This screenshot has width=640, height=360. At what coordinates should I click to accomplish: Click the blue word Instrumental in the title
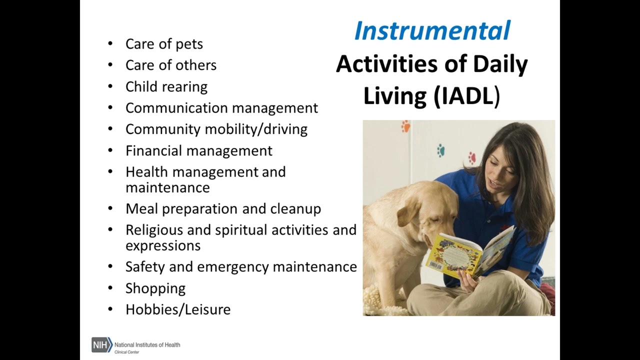[432, 31]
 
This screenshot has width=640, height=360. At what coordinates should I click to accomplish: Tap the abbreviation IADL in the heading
[465, 96]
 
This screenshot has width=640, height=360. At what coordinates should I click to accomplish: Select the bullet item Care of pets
[164, 44]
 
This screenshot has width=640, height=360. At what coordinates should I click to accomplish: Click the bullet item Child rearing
[166, 86]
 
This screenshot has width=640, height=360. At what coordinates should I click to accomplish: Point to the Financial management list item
[198, 150]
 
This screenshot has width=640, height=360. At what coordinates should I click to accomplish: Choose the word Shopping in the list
[155, 288]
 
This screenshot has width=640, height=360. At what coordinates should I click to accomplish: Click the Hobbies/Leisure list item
[177, 309]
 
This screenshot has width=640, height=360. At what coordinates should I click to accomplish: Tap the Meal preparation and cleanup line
[223, 208]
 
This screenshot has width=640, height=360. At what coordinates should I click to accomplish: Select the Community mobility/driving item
[216, 129]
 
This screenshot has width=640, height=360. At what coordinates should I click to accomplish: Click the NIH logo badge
[101, 344]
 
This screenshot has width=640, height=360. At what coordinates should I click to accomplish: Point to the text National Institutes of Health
[147, 344]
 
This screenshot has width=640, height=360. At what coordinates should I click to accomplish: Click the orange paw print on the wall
[405, 126]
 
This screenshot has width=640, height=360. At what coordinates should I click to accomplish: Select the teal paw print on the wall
[441, 149]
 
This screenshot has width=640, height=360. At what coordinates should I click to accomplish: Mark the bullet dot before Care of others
[110, 65]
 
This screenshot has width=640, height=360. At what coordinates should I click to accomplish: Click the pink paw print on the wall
[471, 158]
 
